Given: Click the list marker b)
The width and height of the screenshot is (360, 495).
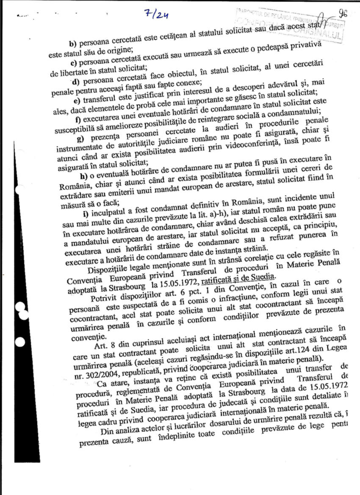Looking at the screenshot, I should coord(73,43).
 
